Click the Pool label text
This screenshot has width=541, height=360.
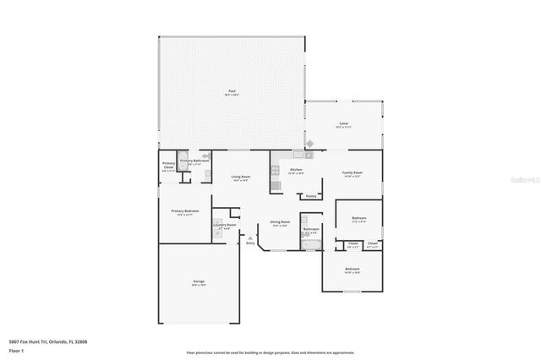tap(232, 92)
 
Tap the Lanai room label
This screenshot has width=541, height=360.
tap(343, 124)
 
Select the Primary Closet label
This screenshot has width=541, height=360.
tap(169, 166)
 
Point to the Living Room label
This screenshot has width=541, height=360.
tap(239, 177)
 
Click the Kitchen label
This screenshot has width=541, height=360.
tap(296, 171)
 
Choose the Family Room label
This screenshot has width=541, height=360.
tap(352, 172)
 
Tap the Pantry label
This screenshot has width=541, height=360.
tap(311, 195)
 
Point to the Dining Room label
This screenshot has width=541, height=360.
tap(279, 223)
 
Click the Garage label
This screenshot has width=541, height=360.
tap(198, 282)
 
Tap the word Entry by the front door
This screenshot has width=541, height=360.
tap(250, 243)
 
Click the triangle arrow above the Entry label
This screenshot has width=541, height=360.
tap(250, 237)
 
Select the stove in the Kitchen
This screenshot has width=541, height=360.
tap(274, 172)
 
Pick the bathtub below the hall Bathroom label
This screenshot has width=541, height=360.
tap(309, 245)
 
